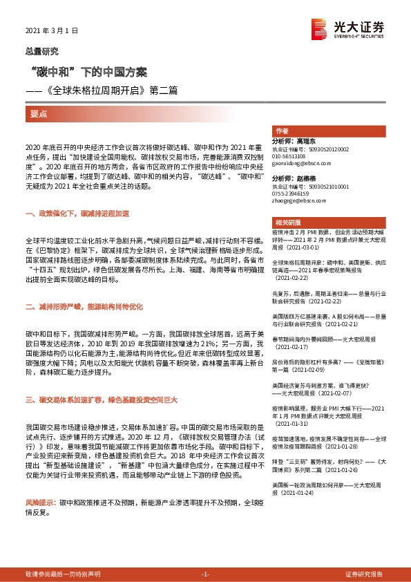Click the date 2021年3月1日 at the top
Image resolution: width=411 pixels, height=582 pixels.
52,31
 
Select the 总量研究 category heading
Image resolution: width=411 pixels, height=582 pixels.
42,51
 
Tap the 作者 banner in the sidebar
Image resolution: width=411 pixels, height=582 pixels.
281,131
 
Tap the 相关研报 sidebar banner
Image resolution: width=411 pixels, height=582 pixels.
287,223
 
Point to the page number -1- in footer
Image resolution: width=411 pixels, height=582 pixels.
204,574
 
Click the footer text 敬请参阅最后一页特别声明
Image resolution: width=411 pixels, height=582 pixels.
62,574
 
